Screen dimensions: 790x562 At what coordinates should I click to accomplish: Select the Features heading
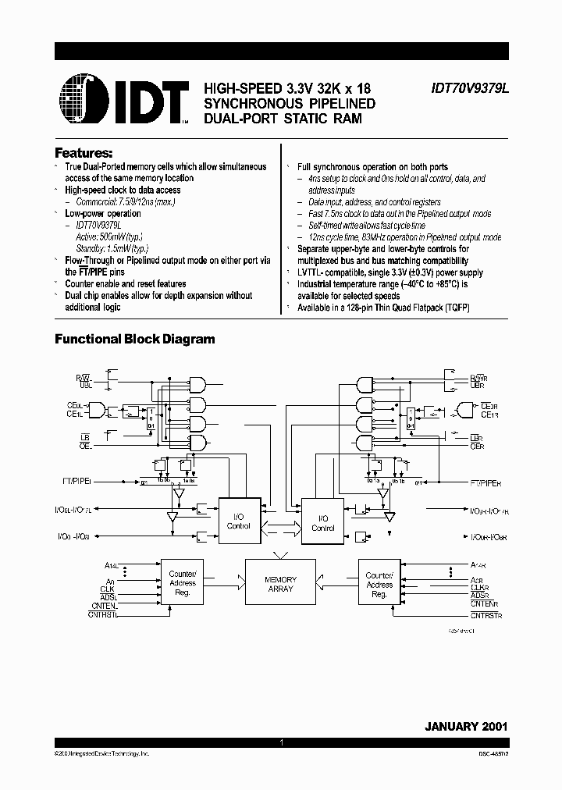pos(84,153)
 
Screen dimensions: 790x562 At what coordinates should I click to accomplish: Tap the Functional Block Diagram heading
pos(134,340)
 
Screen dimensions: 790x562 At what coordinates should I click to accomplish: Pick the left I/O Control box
pos(238,521)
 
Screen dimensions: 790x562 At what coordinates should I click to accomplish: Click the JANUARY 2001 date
pos(466,725)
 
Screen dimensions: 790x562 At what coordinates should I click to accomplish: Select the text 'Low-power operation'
pos(103,213)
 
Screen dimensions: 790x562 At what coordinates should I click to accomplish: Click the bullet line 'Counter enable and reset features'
pos(126,284)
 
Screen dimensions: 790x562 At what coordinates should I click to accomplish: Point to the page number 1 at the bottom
pos(280,744)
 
